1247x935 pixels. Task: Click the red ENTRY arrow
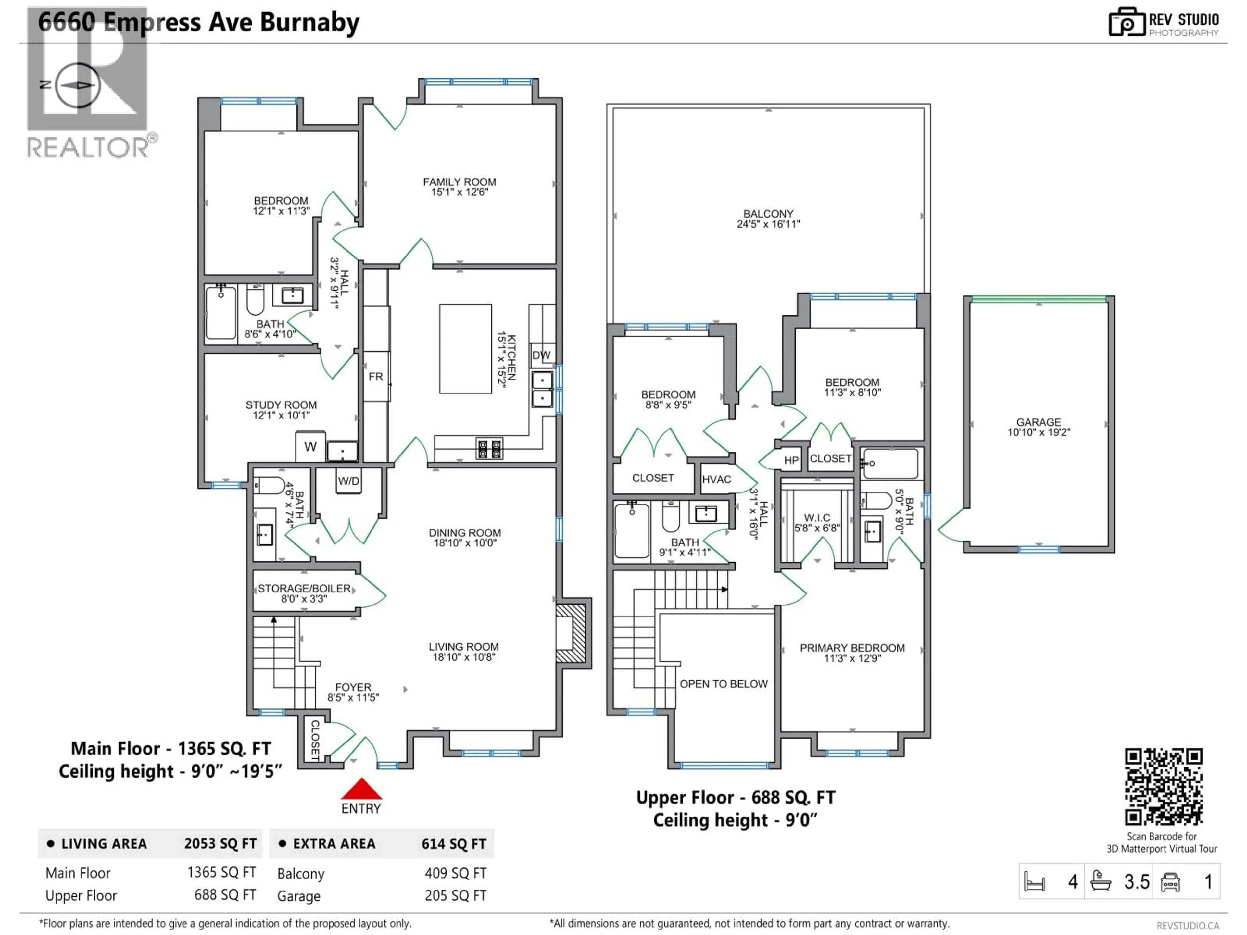click(x=361, y=789)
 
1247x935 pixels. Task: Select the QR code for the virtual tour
click(x=1164, y=787)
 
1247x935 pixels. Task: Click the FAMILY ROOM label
click(x=460, y=182)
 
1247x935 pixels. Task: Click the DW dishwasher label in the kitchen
click(x=541, y=355)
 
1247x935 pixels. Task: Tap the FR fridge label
click(x=375, y=377)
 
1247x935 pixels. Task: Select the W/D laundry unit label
click(x=348, y=481)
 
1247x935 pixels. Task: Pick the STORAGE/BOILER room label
click(x=304, y=588)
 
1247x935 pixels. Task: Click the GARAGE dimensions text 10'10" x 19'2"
click(x=1039, y=432)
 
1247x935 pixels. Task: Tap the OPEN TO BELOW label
click(x=723, y=684)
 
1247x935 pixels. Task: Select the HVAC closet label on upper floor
click(x=716, y=479)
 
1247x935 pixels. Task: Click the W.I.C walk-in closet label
click(x=816, y=517)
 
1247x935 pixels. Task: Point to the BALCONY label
click(x=768, y=214)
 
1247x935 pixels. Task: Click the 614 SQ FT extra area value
click(x=453, y=844)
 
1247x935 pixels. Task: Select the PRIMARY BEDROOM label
click(x=852, y=648)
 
